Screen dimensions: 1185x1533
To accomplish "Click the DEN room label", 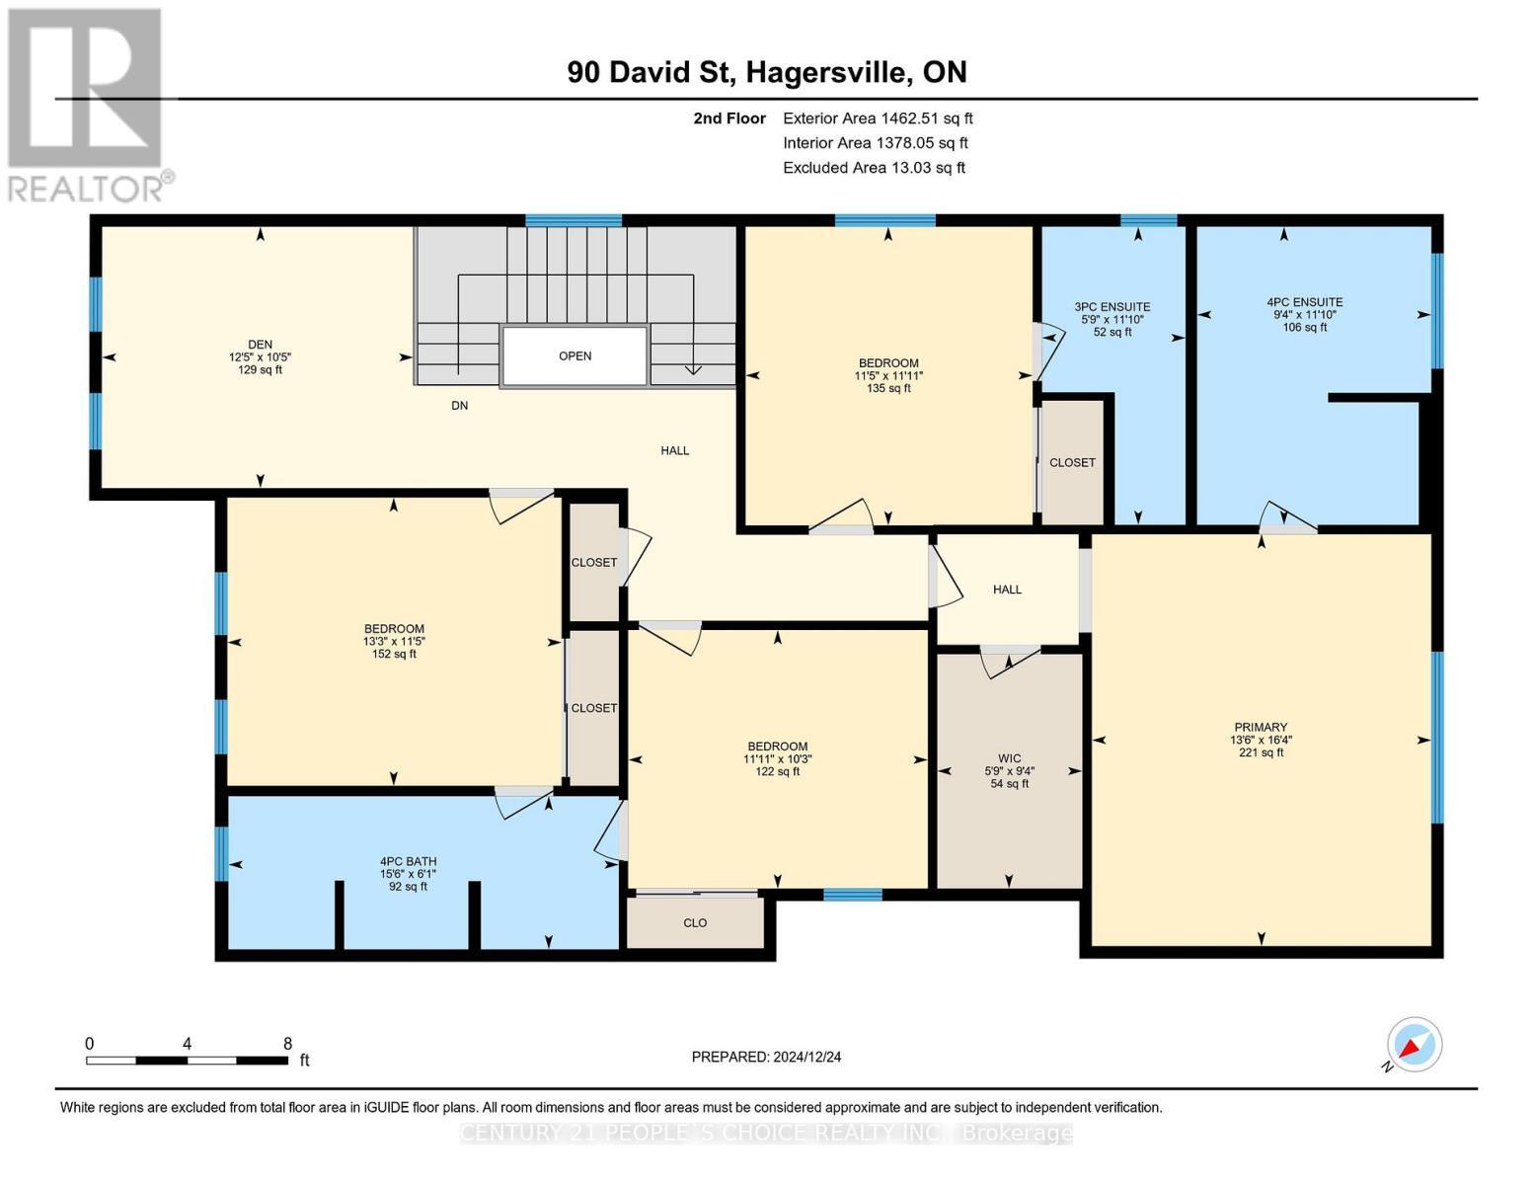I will (x=260, y=345).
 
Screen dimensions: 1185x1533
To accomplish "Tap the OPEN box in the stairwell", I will (x=575, y=356).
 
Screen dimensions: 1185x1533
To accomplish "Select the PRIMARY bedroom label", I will (x=1261, y=727).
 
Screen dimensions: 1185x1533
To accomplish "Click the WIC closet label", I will (x=1009, y=758).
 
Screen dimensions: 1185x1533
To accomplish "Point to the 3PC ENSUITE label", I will (x=1112, y=307).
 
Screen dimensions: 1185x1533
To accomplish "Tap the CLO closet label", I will (x=695, y=923).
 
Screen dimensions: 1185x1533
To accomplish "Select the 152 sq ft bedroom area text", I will (x=394, y=654).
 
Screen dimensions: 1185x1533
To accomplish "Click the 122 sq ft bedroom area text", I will (x=777, y=771).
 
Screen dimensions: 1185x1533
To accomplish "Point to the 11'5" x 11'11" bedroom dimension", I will (x=888, y=375).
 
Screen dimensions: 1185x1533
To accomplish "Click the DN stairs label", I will (x=459, y=406).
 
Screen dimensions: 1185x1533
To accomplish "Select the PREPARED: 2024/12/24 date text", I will (x=766, y=1057).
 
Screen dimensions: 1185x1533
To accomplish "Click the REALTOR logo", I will (x=86, y=104).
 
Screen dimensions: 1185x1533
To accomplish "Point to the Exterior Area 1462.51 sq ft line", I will (x=877, y=118).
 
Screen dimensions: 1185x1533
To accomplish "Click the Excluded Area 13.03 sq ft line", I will (x=874, y=168).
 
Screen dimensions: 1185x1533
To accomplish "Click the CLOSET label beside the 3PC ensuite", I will (x=1072, y=463).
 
